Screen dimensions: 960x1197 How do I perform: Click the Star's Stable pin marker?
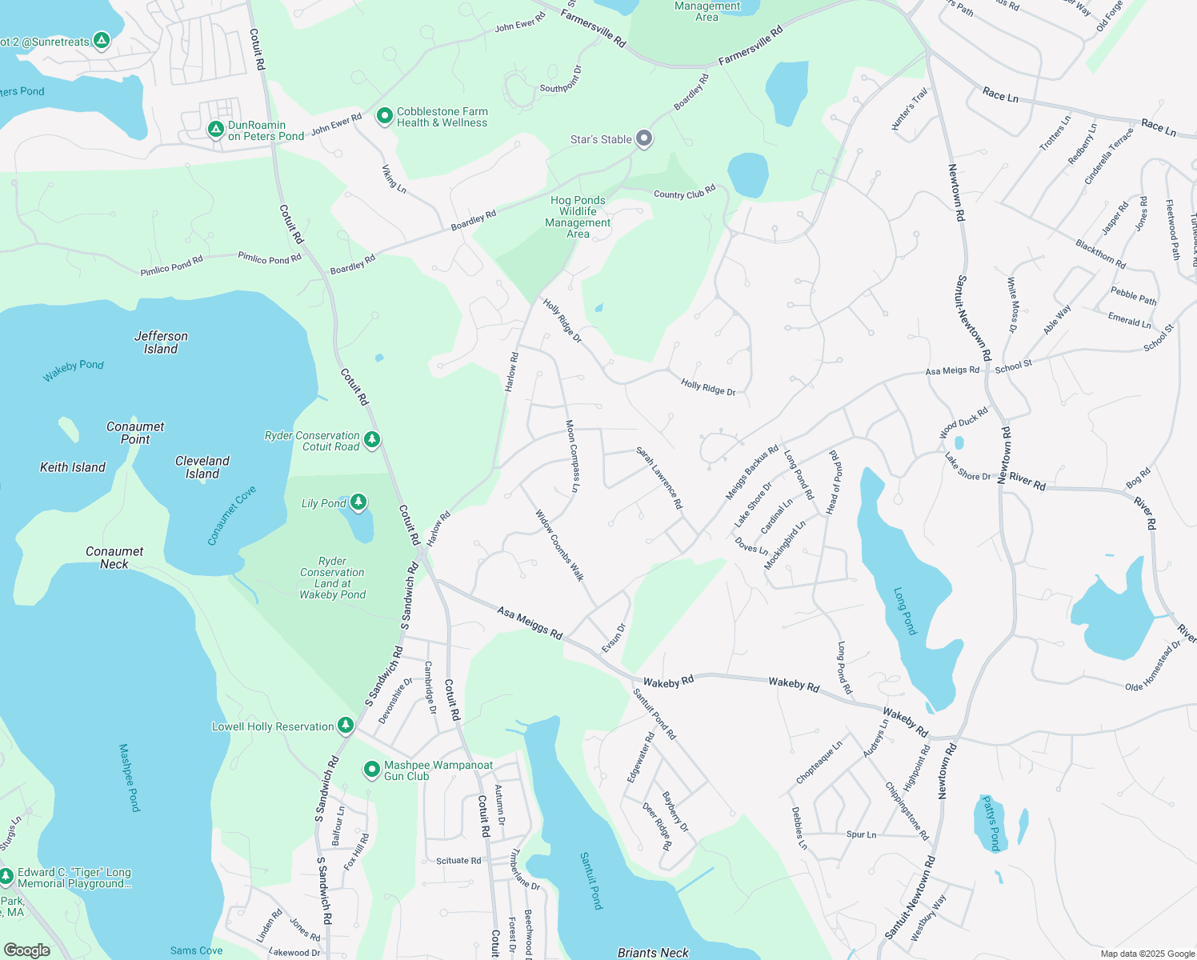tap(644, 138)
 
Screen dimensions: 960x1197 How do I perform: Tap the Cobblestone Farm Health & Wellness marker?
tap(385, 116)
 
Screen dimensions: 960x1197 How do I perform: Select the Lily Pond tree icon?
tap(358, 502)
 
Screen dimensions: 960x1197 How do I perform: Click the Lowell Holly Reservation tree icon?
tap(346, 725)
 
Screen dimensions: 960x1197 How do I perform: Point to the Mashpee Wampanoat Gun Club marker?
tap(372, 770)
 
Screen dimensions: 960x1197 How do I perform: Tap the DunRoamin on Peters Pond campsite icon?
tap(215, 129)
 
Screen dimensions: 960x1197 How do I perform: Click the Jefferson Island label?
tap(161, 342)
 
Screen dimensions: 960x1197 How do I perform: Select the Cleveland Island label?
tap(202, 467)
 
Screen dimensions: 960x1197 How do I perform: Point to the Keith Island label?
tap(73, 467)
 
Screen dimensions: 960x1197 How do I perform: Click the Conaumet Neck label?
tap(114, 558)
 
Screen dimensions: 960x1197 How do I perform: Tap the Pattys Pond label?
tap(991, 823)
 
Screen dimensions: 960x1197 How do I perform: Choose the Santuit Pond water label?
tap(590, 880)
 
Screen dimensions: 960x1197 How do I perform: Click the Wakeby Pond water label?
tap(74, 370)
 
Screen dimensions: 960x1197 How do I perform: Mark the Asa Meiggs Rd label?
tap(530, 622)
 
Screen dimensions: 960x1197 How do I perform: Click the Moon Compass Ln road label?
tap(572, 456)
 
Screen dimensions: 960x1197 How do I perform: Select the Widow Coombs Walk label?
tap(559, 546)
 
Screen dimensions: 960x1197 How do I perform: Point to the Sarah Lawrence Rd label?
tap(659, 478)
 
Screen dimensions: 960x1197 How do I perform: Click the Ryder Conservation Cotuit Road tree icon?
tap(372, 439)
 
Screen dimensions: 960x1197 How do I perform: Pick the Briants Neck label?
tap(653, 952)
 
